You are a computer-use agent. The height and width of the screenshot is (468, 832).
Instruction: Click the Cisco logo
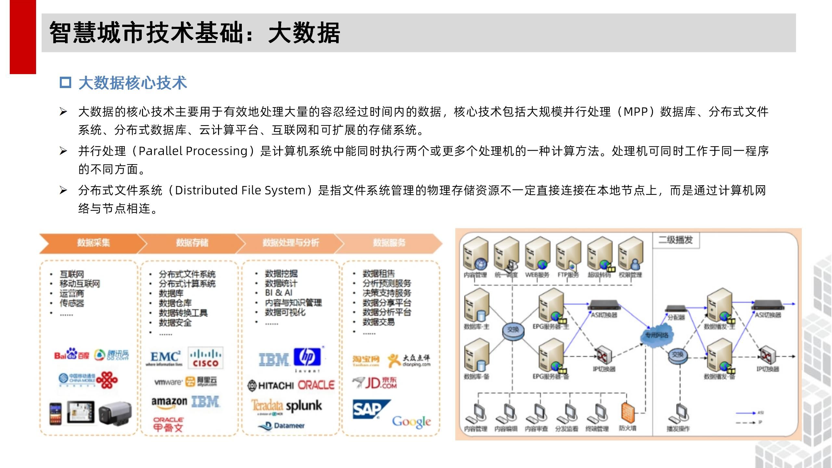pos(205,357)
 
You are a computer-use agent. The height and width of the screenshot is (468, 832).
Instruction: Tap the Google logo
pos(411,422)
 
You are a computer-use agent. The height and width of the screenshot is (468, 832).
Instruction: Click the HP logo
pos(307,357)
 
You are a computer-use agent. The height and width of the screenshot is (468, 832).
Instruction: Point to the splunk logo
pos(304,406)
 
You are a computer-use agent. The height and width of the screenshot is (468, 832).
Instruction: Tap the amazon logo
pos(169,402)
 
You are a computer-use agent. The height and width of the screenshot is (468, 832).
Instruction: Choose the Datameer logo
pos(282,425)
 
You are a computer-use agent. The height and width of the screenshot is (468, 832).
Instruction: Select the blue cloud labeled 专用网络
pos(656,335)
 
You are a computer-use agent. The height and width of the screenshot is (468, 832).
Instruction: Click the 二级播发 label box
pos(676,240)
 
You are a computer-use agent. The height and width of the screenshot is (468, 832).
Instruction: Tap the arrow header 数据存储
pos(192,243)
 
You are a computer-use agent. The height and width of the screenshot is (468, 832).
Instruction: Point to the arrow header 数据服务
pos(389,243)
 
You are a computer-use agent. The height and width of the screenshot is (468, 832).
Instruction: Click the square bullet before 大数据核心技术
pos(65,83)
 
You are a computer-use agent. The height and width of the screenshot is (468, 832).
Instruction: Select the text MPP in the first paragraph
pos(635,112)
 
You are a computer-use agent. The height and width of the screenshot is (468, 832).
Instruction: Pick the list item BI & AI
pos(279,293)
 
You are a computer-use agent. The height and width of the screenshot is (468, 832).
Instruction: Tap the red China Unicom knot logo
pos(107,379)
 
